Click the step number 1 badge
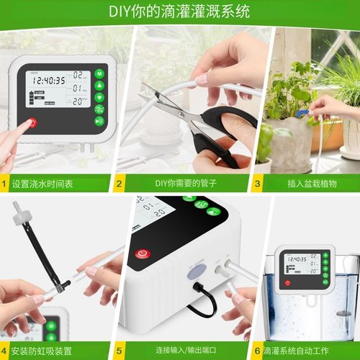(6, 184)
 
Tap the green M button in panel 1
(99, 73)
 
